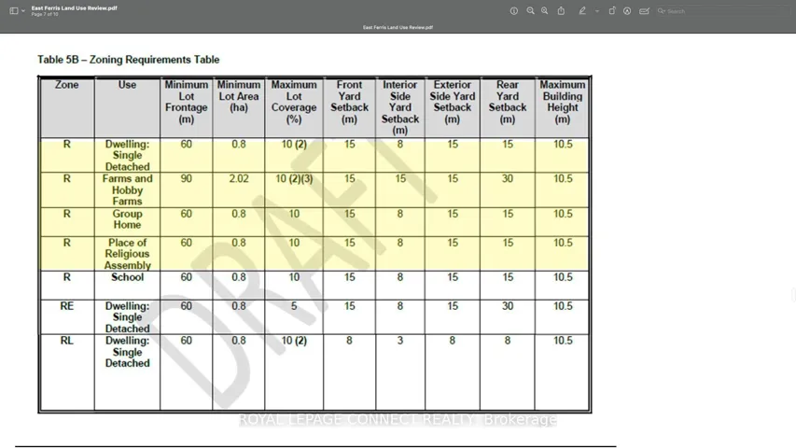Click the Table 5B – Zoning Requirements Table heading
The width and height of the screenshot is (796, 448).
tap(129, 60)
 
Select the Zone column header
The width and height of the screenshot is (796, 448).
tap(67, 85)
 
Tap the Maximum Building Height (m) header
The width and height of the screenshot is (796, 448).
tap(563, 102)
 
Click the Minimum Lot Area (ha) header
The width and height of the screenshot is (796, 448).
tap(239, 96)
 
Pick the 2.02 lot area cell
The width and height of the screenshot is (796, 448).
tap(239, 178)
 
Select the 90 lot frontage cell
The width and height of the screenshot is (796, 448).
tap(187, 178)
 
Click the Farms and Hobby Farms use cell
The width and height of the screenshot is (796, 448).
tap(128, 189)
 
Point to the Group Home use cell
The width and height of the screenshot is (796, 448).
tap(128, 219)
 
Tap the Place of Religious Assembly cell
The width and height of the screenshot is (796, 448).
tap(128, 254)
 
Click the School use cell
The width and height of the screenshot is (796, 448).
tap(128, 277)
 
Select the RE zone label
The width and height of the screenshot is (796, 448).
tap(67, 306)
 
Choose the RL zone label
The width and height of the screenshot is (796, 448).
tap(67, 341)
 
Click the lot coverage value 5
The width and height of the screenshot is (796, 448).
tap(294, 306)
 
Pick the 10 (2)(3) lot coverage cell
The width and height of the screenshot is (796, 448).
tap(294, 178)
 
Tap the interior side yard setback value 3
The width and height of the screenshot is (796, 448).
tap(400, 341)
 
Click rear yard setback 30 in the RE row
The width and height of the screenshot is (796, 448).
tap(508, 306)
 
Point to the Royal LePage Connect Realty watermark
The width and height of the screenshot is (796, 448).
tap(398, 420)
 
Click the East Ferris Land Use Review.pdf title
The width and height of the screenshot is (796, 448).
tap(75, 7)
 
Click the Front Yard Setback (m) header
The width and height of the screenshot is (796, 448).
tap(349, 102)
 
